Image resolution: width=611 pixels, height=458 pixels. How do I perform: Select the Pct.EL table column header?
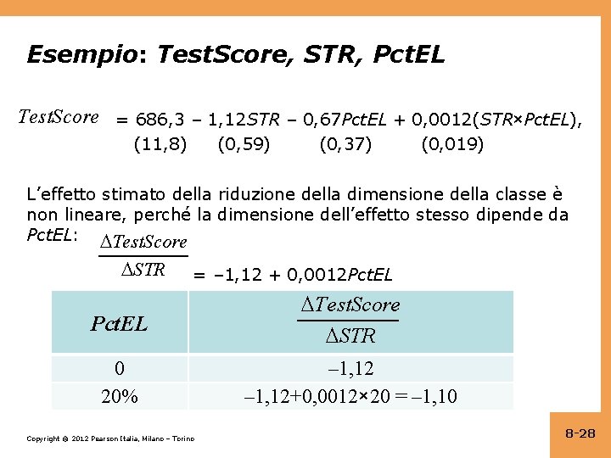coord(119,323)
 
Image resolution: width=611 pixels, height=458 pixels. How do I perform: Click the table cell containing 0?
coord(119,368)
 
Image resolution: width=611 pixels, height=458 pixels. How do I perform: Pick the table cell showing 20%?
coord(119,396)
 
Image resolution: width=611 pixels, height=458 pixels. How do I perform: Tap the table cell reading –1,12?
coord(350,368)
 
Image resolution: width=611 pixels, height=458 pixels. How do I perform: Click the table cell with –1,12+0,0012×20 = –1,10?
coord(350,396)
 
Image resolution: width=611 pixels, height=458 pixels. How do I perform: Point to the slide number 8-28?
coord(580,433)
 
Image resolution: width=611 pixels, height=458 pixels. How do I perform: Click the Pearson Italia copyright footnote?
coord(110,438)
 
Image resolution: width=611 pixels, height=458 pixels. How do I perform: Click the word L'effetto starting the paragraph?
coord(58,194)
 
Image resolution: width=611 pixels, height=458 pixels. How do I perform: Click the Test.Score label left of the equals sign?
coord(59,117)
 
